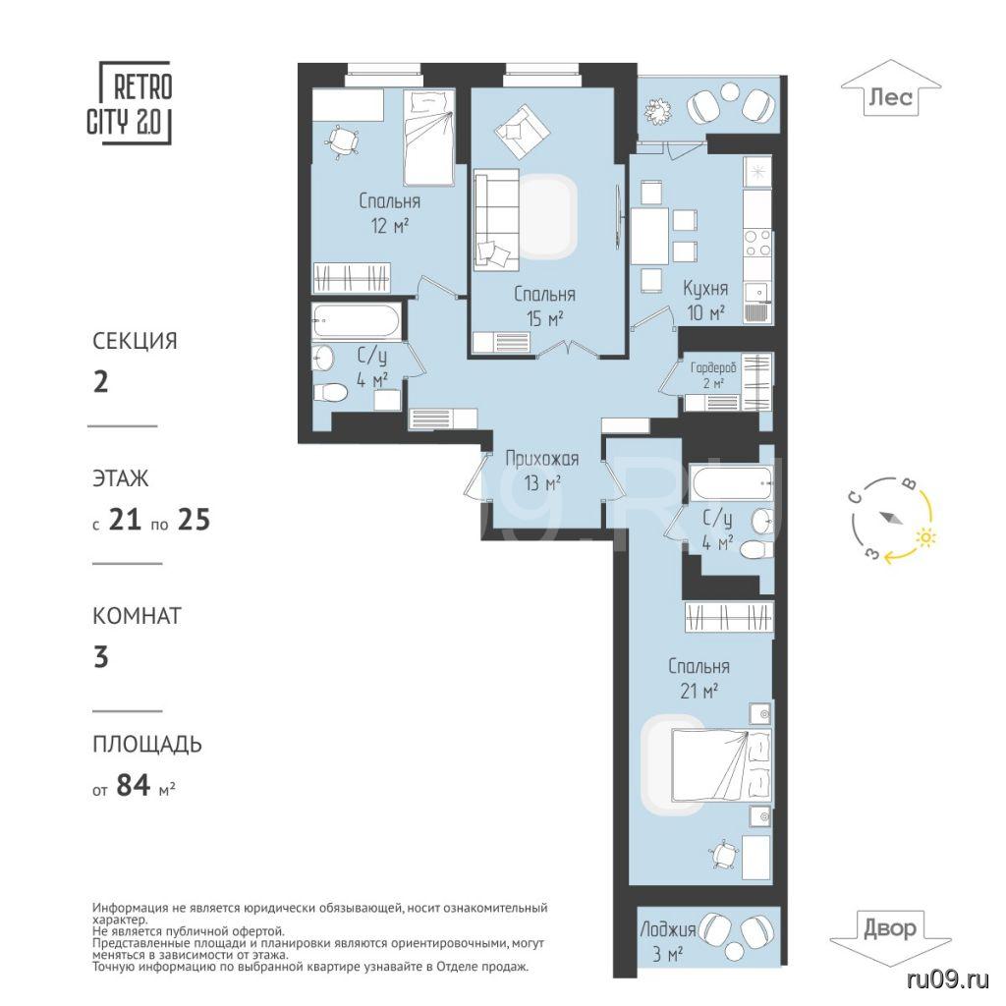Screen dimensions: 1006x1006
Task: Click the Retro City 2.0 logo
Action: pos(129,103)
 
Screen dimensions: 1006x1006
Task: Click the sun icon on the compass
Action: pos(923,537)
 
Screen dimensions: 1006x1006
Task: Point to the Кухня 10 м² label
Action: pos(704,300)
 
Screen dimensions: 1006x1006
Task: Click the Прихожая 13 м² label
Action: pos(542,471)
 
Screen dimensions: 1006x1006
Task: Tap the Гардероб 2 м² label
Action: pos(713,375)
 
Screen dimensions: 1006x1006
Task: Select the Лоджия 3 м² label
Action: pos(668,941)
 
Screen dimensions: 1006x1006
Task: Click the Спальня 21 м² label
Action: pos(699,678)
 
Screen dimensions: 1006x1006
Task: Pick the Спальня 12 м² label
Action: pos(389,213)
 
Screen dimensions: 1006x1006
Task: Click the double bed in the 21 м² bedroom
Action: pos(720,764)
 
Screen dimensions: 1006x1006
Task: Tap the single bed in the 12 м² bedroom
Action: pos(428,137)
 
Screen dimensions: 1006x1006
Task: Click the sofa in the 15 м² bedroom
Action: pos(496,219)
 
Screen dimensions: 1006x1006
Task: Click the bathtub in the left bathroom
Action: pos(356,320)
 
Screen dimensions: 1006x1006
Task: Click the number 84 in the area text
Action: pos(134,785)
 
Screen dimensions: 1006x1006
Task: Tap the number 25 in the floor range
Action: pos(194,520)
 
